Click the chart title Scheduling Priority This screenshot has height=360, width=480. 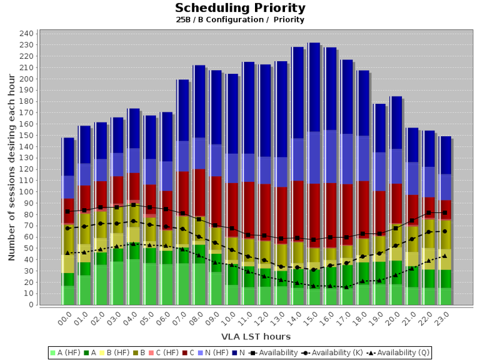240,8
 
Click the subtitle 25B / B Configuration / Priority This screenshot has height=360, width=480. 240,20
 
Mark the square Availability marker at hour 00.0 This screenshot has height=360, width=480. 67,212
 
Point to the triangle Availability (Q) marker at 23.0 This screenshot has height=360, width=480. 444,256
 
